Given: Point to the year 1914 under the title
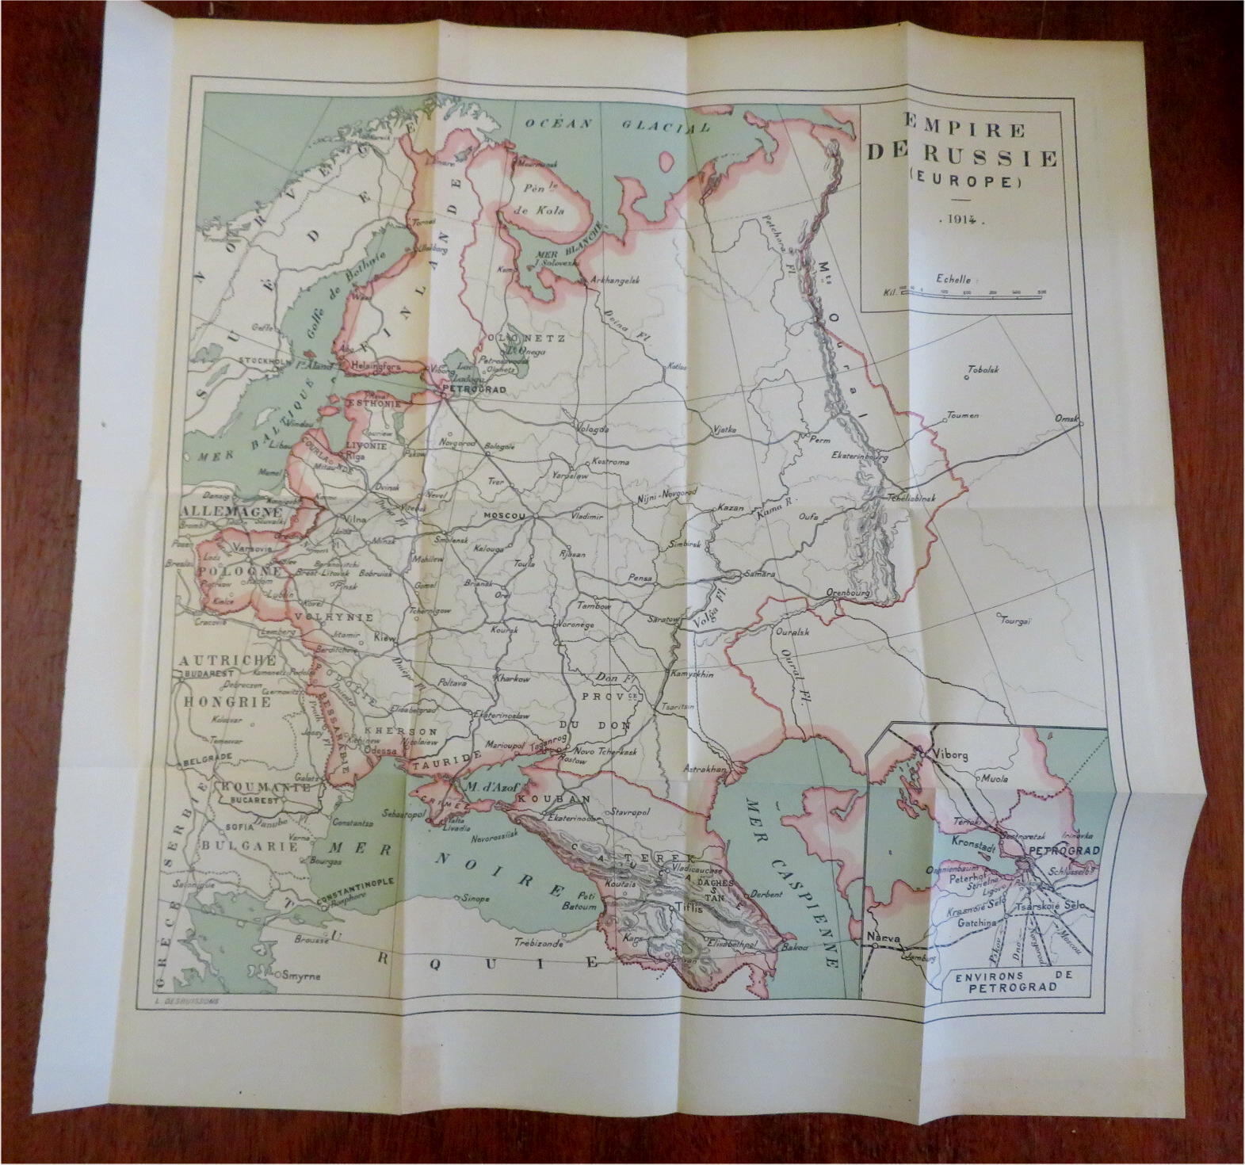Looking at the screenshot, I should [x=960, y=223].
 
